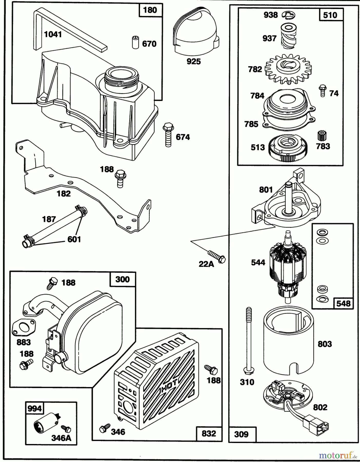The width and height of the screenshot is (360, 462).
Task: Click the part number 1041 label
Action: click(x=53, y=34)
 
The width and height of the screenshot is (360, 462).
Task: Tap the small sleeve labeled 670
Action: click(x=135, y=43)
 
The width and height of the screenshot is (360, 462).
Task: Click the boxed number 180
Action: click(x=150, y=10)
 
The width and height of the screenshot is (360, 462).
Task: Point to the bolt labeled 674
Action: click(x=168, y=135)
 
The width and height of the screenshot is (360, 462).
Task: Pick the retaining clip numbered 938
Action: click(x=288, y=15)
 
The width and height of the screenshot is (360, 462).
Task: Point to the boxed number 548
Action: click(x=343, y=303)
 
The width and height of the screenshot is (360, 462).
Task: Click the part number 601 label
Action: click(x=74, y=239)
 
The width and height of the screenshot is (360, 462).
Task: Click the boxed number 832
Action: click(x=209, y=434)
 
